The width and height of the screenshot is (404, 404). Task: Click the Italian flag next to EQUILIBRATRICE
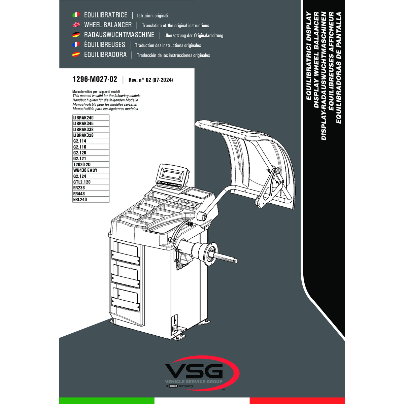point(76,15)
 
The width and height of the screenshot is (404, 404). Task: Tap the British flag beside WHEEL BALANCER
point(76,25)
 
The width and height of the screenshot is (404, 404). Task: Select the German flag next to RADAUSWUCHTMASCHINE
point(76,35)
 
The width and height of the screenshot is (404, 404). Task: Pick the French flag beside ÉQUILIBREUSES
point(76,44)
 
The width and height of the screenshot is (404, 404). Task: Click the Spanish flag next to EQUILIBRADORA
point(76,55)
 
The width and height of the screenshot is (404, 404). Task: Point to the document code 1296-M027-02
point(95,79)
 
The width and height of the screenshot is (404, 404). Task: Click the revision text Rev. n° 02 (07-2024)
point(150,80)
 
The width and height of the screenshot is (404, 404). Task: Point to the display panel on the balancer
point(172,174)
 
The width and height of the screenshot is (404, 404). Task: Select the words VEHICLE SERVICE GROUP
point(194,382)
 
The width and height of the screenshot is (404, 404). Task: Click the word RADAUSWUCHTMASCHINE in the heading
point(119,35)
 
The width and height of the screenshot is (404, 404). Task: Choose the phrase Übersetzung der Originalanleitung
point(194,35)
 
